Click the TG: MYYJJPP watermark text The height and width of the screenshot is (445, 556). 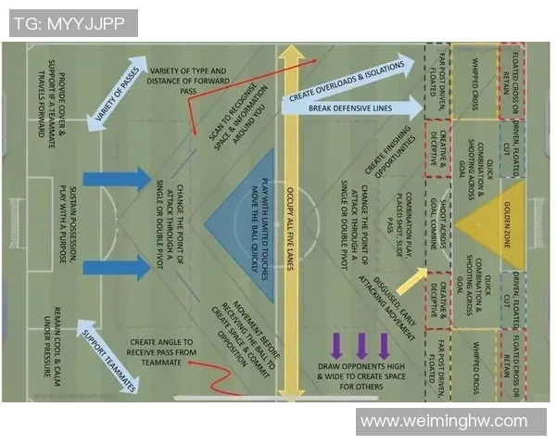[72, 23]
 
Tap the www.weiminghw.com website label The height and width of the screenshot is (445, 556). [443, 422]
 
